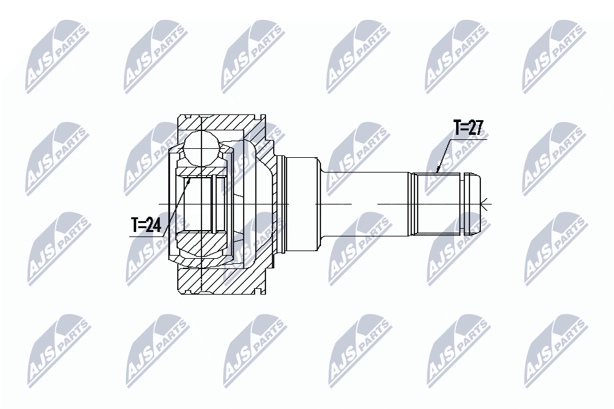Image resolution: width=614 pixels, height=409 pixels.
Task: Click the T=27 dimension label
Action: [x=468, y=128]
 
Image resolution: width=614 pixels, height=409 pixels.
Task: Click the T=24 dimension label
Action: [x=146, y=225]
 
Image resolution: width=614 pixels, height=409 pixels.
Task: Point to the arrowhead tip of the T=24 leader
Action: [x=191, y=180]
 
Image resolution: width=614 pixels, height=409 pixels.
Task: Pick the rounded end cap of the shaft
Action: [x=473, y=203]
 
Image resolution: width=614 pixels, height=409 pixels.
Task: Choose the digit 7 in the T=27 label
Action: [x=477, y=128]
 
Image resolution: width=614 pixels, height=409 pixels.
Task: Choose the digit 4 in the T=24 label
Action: [x=157, y=225]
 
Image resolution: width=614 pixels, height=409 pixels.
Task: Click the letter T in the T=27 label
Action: [x=457, y=128]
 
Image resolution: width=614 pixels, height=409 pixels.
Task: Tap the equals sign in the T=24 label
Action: [x=143, y=225]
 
